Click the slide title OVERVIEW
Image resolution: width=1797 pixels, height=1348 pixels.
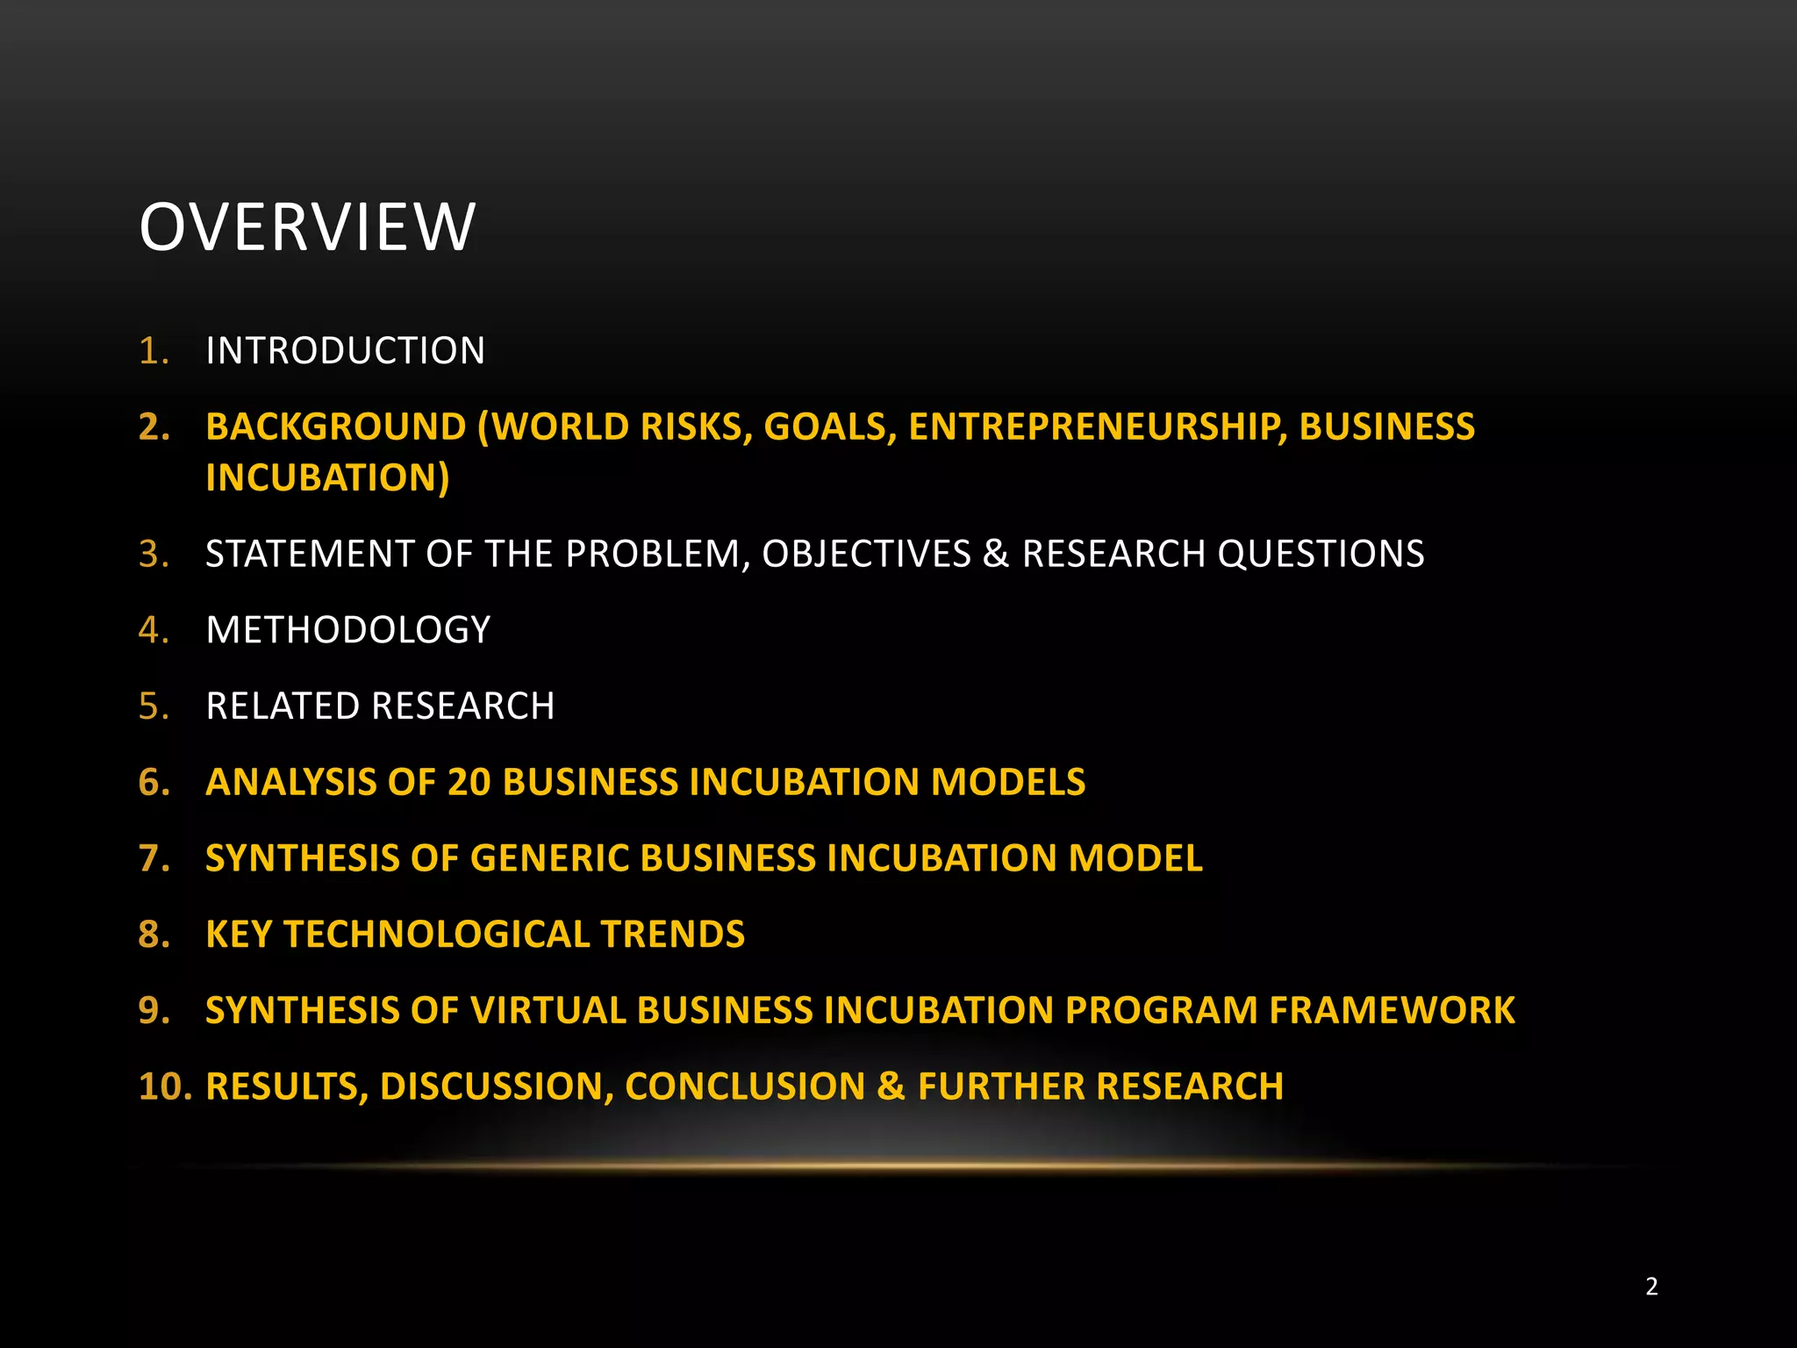click(307, 227)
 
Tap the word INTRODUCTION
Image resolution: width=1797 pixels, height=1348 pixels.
click(345, 351)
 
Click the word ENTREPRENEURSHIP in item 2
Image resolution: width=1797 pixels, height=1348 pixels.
click(1098, 427)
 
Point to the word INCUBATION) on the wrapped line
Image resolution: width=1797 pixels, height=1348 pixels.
click(327, 477)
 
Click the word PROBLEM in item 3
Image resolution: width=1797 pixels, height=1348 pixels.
click(658, 554)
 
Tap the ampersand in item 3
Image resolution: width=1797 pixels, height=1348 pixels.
click(996, 554)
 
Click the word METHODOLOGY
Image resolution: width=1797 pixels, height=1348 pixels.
click(347, 630)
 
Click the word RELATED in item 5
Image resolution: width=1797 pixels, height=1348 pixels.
click(282, 706)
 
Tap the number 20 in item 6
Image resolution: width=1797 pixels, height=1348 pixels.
click(469, 782)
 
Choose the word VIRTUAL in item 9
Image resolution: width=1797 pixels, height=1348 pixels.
click(548, 1010)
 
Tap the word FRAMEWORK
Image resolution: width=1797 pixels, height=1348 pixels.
click(1392, 1010)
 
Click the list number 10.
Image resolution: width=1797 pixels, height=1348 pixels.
click(165, 1086)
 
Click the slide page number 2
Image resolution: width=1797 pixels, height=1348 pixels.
click(1651, 1287)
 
